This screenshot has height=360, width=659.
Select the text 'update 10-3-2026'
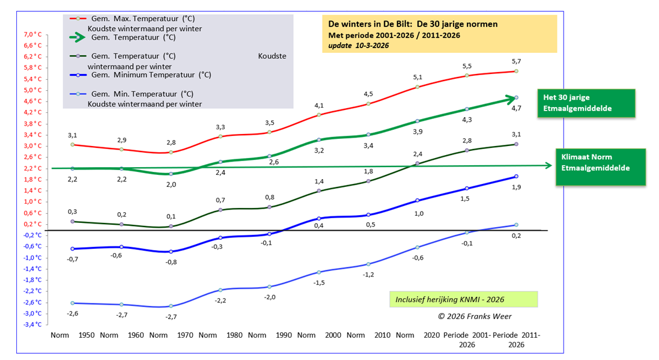point(354,46)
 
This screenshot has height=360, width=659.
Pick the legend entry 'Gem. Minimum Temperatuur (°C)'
point(151,75)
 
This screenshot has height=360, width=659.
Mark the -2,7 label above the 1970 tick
point(171,317)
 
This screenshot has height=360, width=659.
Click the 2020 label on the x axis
point(431,335)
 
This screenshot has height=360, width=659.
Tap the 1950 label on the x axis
point(87,335)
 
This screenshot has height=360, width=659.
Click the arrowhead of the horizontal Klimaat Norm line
point(547,165)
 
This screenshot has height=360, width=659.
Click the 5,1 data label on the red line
point(418,77)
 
